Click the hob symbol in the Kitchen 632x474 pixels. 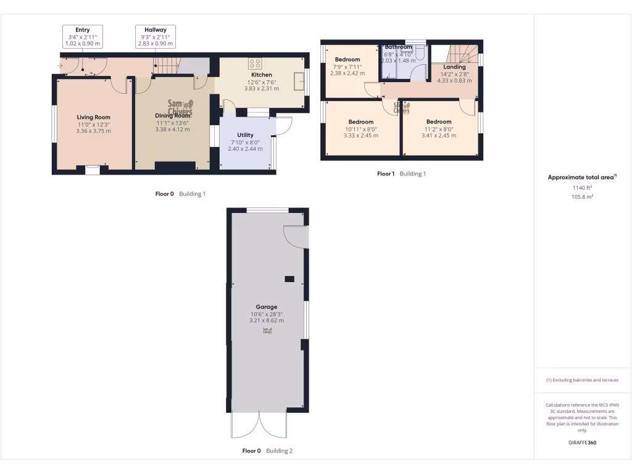tap(254, 64)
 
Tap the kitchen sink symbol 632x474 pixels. tap(299, 80)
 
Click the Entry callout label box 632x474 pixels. tap(82, 37)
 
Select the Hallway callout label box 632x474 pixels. tap(156, 37)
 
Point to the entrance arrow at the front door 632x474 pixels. tap(60, 65)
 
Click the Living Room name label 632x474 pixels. tap(94, 117)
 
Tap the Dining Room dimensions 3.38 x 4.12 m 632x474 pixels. tap(173, 129)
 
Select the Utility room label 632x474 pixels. tap(245, 135)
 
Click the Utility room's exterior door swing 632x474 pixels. tap(283, 126)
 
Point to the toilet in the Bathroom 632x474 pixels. tap(419, 55)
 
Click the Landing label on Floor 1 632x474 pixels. tap(454, 67)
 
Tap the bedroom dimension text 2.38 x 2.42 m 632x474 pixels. tap(347, 73)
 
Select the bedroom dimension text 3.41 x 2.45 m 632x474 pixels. tap(439, 135)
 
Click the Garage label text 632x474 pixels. tap(267, 307)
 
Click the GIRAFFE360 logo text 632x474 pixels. tap(582, 443)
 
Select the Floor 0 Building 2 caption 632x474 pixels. tap(267, 451)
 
